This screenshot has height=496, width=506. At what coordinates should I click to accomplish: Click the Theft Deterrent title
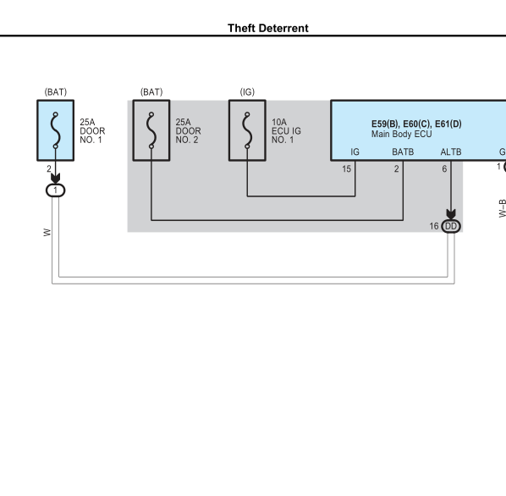coord(268,28)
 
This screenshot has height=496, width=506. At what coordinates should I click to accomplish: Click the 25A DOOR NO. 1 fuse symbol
coord(56,130)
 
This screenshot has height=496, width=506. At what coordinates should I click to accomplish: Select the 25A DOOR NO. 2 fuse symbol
coord(151,130)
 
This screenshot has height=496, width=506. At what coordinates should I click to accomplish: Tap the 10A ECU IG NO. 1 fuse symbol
coord(247,130)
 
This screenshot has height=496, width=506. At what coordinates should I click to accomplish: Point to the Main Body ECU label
coord(401,134)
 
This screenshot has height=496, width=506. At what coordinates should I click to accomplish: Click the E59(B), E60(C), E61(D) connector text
coord(416,124)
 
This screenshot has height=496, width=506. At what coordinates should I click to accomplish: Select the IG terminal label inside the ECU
coord(355,152)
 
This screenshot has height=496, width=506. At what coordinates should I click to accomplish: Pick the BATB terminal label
coord(403,152)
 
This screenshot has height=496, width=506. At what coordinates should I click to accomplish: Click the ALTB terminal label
coord(451,152)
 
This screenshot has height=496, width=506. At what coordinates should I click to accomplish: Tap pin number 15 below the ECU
coord(346,168)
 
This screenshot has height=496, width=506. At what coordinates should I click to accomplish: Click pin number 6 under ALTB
coord(444,168)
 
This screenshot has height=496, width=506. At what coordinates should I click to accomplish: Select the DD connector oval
coord(451,226)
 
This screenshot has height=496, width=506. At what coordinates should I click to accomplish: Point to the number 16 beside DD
coord(434,226)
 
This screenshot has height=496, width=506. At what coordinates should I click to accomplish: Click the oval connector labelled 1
coord(56,190)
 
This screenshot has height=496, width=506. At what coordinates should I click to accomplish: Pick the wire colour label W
coord(47,233)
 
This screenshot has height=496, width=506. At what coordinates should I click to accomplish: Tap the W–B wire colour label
coord(502,208)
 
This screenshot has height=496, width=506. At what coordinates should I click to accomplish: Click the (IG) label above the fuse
coord(247,92)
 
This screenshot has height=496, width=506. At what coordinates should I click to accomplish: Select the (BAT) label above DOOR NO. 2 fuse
coord(151,92)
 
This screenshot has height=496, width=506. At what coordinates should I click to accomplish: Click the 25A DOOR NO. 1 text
coord(92,131)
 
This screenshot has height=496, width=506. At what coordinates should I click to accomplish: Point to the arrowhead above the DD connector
coord(451,214)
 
